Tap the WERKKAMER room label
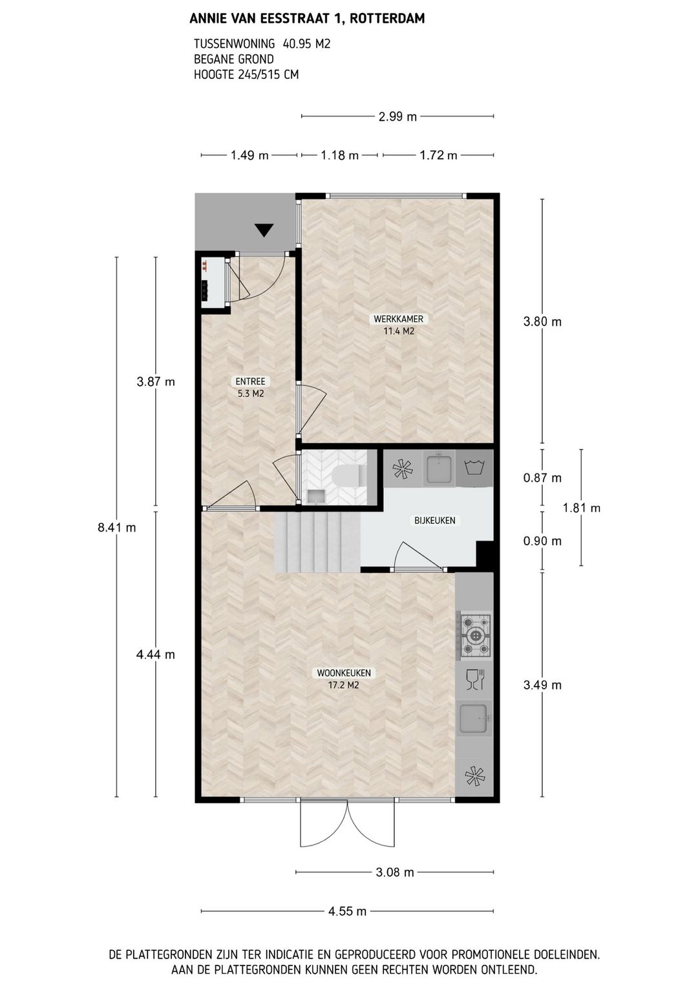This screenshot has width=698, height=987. coord(399,319)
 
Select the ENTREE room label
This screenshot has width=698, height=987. coord(250,382)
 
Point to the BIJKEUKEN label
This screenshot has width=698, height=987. coord(435,521)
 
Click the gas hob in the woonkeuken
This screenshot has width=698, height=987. coord(475,635)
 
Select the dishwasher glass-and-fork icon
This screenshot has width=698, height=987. coord(475,679)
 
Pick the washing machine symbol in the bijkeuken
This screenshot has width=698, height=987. coord(475,466)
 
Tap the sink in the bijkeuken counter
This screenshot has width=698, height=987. coord(439,468)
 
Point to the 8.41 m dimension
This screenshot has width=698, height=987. coord(117,527)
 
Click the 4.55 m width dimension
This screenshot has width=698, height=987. coord(348,911)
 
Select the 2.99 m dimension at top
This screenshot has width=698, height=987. coord(397,117)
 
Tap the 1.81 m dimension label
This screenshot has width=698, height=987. coord(581,508)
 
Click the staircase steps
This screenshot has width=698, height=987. coord(317,542)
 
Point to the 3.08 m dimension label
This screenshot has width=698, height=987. coord(395,873)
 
